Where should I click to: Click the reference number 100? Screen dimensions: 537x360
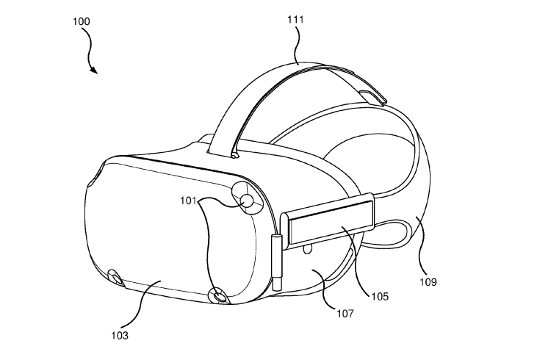[81, 21]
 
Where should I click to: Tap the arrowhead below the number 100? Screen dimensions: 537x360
[94, 70]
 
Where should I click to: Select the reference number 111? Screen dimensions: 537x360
[295, 20]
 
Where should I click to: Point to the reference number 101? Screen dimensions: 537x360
[188, 201]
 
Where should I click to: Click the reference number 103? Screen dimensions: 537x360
[120, 335]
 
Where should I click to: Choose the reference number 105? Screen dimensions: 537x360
[380, 296]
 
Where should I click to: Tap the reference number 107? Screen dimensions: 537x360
[345, 313]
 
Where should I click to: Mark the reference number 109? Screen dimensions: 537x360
[428, 282]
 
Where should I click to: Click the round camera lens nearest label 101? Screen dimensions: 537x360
[248, 201]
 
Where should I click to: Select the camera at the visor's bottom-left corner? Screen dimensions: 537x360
[115, 277]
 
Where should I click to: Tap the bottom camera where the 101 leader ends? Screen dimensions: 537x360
[218, 295]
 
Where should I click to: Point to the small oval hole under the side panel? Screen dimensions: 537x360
[308, 248]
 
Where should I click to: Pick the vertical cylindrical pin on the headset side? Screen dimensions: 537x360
[277, 262]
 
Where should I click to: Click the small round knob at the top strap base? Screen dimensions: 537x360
[234, 156]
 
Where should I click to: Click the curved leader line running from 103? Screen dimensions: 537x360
[141, 304]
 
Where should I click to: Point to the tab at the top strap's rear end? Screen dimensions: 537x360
[372, 96]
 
